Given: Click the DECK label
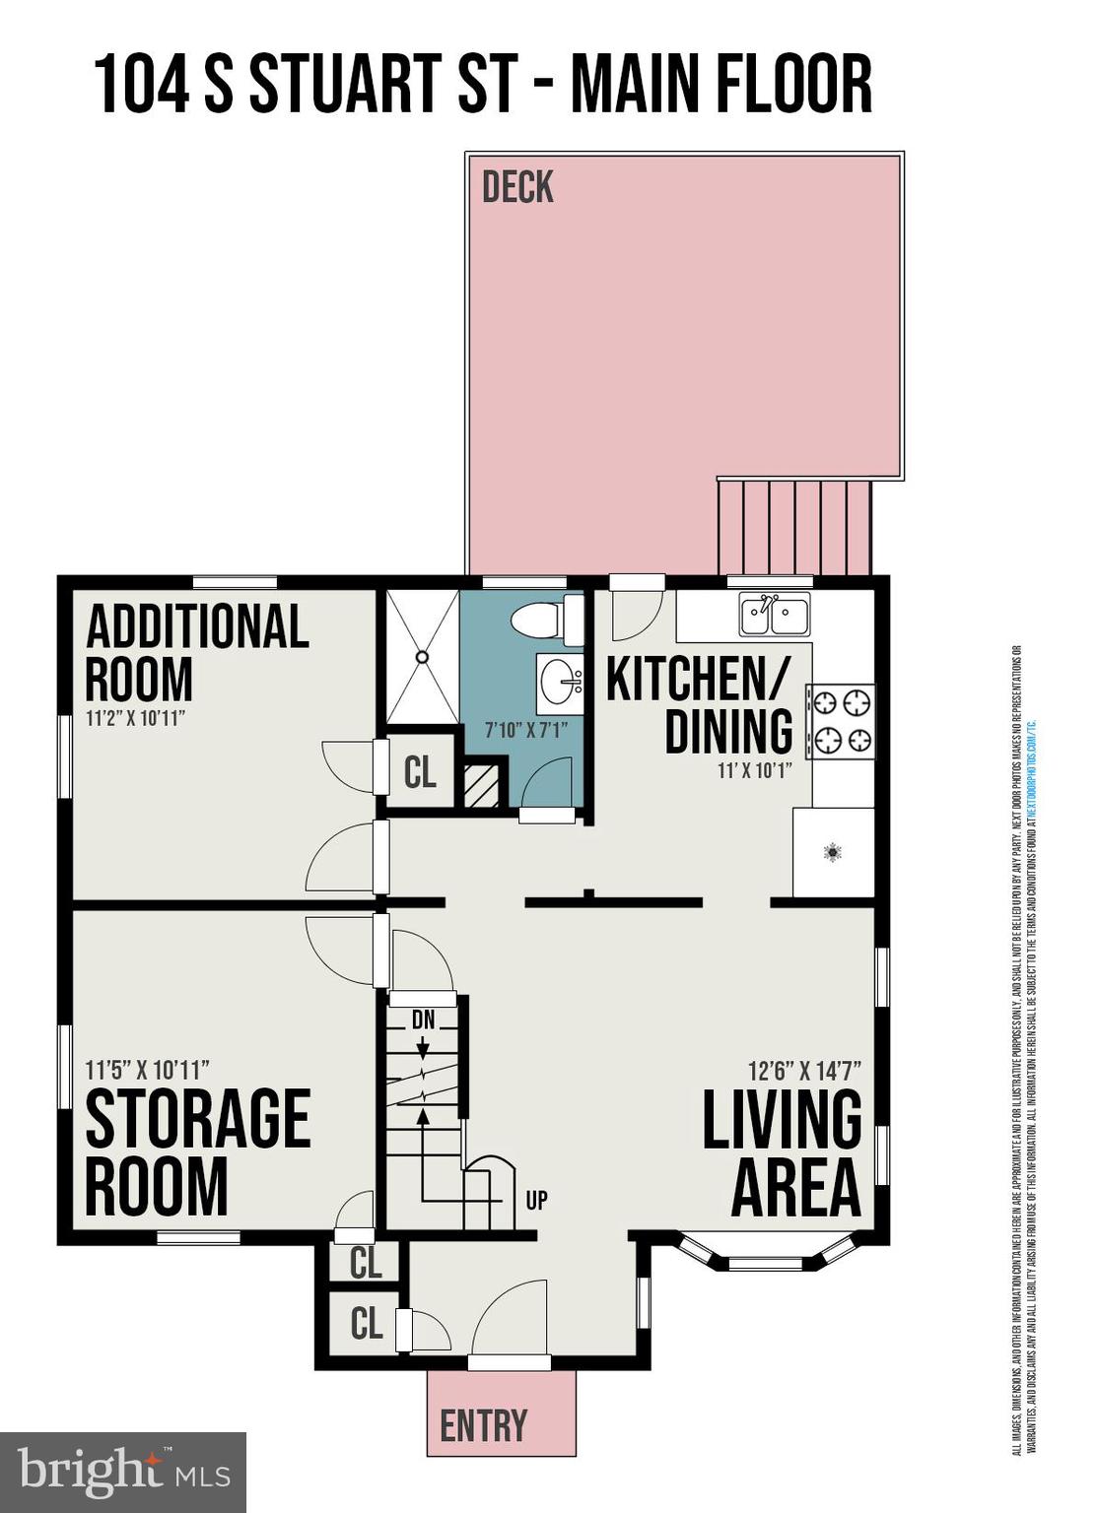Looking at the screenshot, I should [x=517, y=187].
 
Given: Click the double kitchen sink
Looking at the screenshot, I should [x=774, y=616].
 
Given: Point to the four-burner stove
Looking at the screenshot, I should [x=841, y=721].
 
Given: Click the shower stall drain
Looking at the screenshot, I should [x=422, y=655].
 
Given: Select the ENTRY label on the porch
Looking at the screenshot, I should [x=483, y=1425].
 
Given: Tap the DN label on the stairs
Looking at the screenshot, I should [x=423, y=1020].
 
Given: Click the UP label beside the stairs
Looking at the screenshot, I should [x=536, y=1200].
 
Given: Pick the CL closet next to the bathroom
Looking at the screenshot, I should [x=420, y=772].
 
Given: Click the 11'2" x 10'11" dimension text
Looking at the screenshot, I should [x=136, y=718].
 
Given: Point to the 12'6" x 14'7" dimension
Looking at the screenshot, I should [x=804, y=1070].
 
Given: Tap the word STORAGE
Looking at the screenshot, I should [x=198, y=1119].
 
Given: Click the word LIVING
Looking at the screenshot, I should [x=782, y=1120].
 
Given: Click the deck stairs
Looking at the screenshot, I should [x=794, y=527].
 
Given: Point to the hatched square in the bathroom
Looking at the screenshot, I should [x=482, y=786].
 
